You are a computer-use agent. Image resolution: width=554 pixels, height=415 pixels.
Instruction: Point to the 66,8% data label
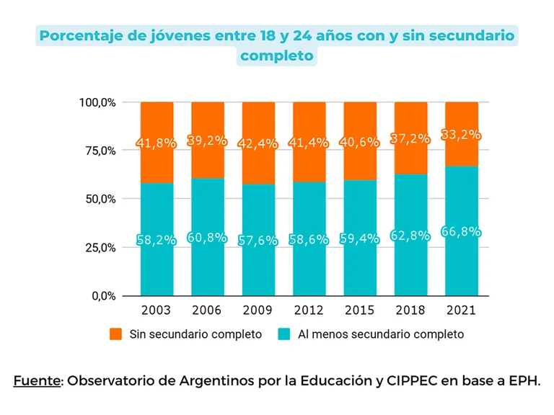[x=461, y=233]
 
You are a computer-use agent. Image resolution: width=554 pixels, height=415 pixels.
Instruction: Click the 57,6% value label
[x=258, y=241]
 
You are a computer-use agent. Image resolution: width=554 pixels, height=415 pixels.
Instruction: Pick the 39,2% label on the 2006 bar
[x=208, y=141]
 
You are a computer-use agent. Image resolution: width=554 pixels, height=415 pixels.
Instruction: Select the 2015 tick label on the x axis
[x=359, y=310]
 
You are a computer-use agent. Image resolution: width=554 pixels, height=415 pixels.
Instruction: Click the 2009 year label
[x=258, y=310]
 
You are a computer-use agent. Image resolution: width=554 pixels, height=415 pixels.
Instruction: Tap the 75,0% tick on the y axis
[x=97, y=151]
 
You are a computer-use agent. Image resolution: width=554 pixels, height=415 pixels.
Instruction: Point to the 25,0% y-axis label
[x=97, y=247]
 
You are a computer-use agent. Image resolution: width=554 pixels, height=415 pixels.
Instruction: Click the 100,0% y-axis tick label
[x=97, y=102]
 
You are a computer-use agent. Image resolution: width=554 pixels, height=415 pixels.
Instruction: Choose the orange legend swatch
[x=115, y=334]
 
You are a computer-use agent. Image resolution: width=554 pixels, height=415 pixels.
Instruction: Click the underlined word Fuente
[x=37, y=380]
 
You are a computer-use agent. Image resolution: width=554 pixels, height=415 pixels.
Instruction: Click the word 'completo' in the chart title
[x=277, y=55]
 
